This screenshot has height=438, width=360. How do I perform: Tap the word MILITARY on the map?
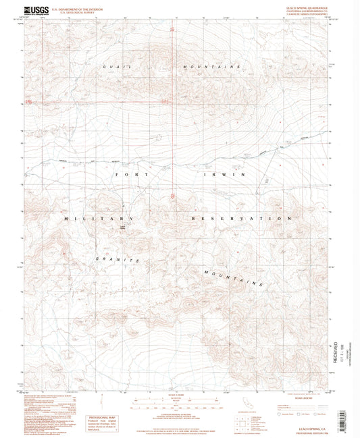coord(99,219)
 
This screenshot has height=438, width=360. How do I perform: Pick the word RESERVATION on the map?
coord(245,219)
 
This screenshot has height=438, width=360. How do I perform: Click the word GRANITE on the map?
coord(117,259)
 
